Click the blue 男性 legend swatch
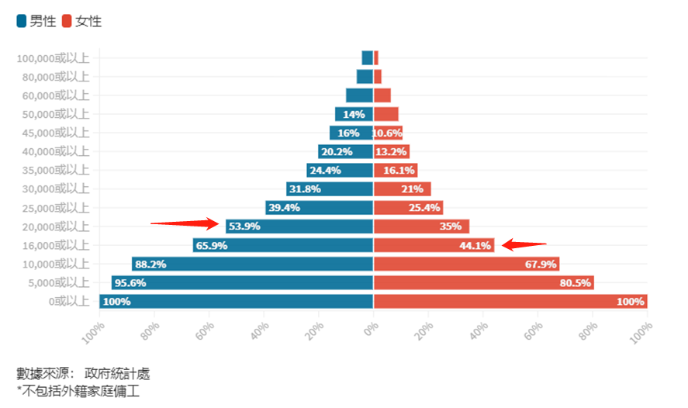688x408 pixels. [x=22, y=21]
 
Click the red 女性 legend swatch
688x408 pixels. [x=67, y=21]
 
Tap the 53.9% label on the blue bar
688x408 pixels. [x=244, y=226]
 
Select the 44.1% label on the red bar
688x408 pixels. [x=475, y=246]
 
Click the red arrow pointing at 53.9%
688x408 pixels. [x=185, y=223]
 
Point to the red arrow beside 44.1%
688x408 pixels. [x=524, y=244]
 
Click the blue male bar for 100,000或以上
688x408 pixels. [x=367, y=58]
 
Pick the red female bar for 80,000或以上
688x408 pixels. [x=378, y=77]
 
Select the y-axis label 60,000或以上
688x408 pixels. [x=56, y=95]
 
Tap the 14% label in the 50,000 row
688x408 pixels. [x=354, y=115]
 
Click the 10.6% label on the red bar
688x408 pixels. [x=387, y=133]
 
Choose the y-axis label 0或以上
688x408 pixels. [x=69, y=302]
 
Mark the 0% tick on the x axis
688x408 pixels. [x=372, y=328]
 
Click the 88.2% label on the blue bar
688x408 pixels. [x=150, y=264]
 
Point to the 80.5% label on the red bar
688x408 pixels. [x=576, y=283]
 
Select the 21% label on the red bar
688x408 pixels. [x=412, y=189]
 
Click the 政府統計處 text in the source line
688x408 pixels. [x=117, y=374]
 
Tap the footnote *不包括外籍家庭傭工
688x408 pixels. [x=78, y=391]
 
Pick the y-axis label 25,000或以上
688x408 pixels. [x=56, y=208]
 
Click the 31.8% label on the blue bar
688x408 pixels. [x=305, y=189]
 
